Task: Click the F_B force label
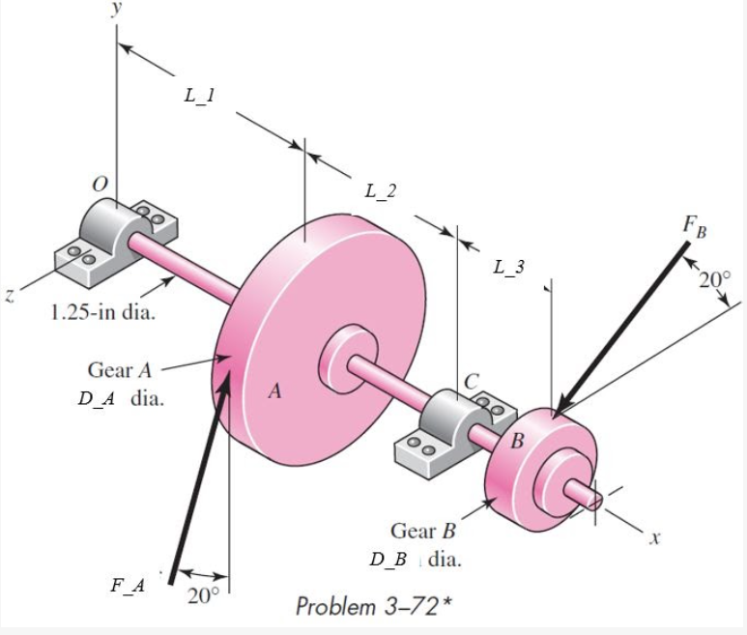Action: (x=694, y=229)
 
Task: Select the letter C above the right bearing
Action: (x=473, y=382)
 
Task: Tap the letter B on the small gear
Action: (x=517, y=442)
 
